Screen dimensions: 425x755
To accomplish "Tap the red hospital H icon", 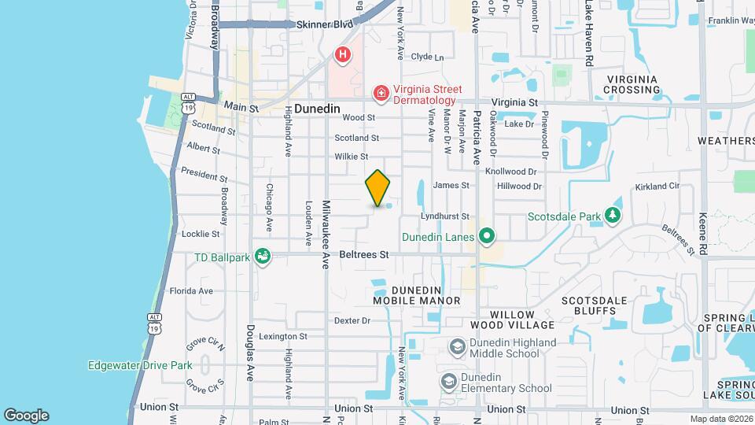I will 342,54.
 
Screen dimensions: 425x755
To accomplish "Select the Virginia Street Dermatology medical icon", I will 381,94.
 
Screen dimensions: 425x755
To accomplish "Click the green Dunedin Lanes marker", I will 487,236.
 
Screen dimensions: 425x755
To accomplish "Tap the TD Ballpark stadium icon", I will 263,257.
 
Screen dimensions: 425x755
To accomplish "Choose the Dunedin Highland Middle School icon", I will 457,347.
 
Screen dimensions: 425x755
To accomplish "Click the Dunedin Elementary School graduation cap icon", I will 449,382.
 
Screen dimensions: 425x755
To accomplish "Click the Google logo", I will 26,416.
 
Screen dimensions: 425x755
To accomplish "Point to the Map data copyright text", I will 720,419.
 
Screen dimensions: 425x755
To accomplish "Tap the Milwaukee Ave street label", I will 325,235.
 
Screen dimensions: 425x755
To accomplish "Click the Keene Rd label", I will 703,234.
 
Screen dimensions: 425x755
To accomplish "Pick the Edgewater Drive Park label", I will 140,365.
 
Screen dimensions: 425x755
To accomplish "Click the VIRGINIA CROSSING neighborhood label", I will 637,84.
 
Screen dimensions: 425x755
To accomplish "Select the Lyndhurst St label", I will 444,216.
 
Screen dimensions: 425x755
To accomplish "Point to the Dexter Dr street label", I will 352,320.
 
